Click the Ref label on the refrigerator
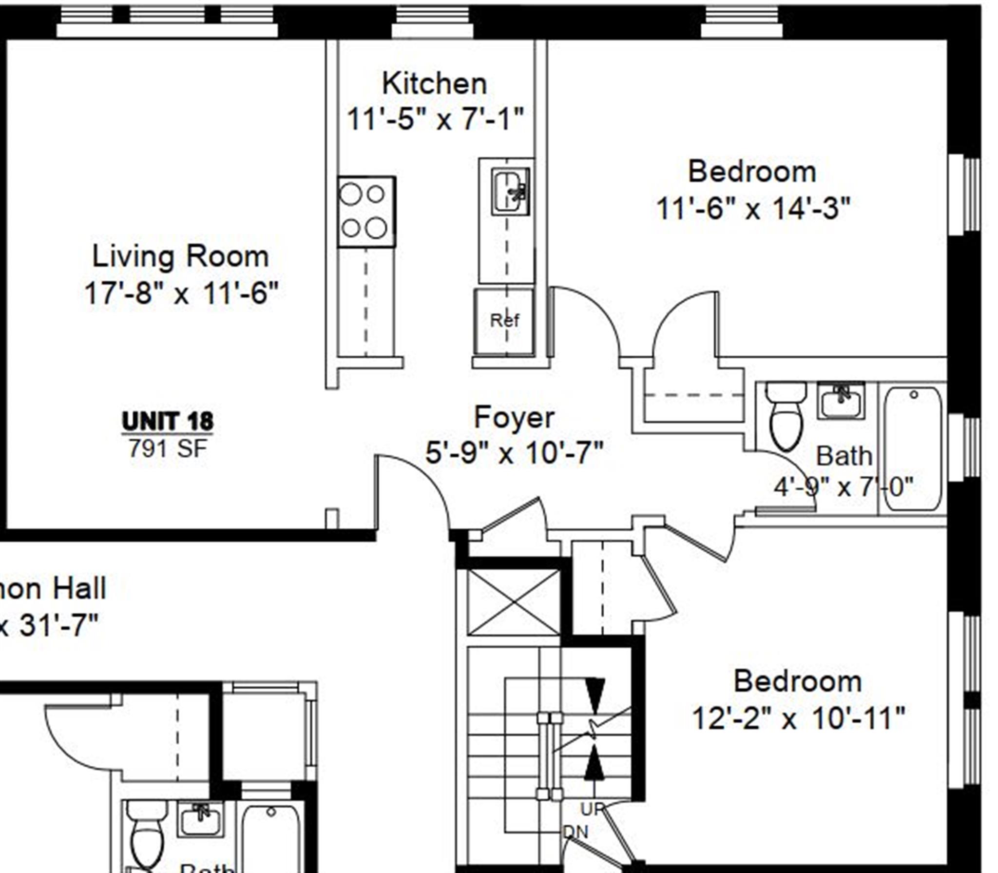504,320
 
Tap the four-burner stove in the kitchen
366,212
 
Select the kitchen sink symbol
510,191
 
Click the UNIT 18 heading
167,421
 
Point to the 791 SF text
168,448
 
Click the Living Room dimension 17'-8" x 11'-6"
181,293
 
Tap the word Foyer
514,417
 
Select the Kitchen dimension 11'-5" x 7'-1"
435,118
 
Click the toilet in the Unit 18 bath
786,416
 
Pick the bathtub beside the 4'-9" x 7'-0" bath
912,448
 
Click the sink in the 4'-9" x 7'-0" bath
841,401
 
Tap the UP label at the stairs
592,809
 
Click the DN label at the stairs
576,832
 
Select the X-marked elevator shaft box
513,602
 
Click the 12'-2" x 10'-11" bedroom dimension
798,718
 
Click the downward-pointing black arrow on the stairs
595,695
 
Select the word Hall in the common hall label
79,588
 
